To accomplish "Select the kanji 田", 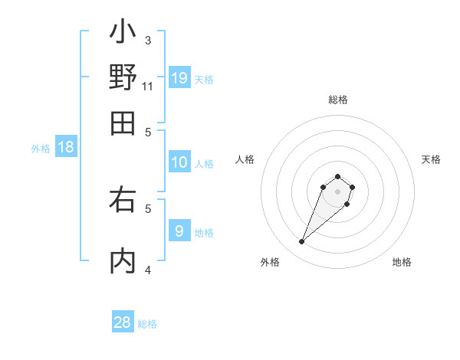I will [x=123, y=123].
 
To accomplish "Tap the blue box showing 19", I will [x=179, y=77].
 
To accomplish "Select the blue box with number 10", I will [x=179, y=162].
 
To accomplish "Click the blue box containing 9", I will [x=179, y=230].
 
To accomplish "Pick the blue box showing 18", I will [x=66, y=147].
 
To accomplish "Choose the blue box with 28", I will [x=123, y=322].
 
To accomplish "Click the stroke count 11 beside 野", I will [x=148, y=86].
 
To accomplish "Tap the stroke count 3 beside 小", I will [x=148, y=40].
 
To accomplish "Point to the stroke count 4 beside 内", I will [x=148, y=269].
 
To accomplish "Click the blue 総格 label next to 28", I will [x=148, y=324].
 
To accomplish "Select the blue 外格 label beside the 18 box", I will [x=41, y=149].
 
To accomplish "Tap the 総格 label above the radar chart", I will [x=337, y=100].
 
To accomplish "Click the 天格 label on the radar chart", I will [x=431, y=159].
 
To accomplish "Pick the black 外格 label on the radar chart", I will [x=270, y=262].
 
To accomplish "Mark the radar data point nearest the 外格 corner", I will [x=302, y=242].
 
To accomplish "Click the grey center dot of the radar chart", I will [x=337, y=191].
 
